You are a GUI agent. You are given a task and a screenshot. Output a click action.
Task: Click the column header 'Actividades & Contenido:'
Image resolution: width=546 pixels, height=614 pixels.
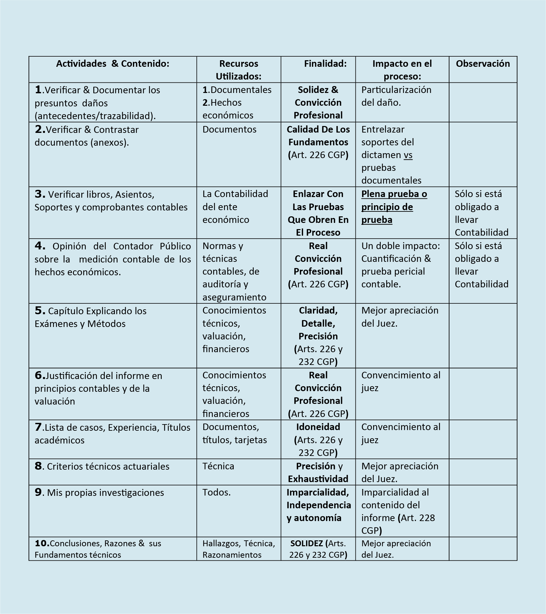113,63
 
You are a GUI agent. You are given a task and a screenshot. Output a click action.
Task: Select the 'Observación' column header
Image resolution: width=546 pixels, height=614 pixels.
482,63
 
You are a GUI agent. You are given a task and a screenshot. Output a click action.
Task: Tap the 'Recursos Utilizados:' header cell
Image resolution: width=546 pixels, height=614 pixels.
239,70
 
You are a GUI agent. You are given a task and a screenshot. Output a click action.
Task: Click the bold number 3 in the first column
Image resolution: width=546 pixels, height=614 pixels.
40,194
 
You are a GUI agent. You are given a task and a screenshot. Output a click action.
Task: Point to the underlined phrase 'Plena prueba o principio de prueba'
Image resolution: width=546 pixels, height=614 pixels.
394,207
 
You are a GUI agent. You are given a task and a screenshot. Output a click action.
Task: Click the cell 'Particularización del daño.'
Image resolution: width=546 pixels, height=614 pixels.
396,96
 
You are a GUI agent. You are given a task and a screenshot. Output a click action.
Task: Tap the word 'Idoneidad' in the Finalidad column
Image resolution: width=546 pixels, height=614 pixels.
318,427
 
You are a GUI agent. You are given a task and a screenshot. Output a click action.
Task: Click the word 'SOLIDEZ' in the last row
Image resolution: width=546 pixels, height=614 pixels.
306,543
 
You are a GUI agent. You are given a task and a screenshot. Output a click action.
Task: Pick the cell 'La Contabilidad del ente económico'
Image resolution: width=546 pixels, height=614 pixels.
235,207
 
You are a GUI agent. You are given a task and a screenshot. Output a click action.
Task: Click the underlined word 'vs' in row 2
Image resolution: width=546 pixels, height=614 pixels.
408,155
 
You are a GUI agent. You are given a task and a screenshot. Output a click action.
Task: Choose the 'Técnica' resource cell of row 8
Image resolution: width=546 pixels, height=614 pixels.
218,466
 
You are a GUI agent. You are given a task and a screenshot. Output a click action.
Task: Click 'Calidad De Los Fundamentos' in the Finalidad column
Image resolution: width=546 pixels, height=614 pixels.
318,136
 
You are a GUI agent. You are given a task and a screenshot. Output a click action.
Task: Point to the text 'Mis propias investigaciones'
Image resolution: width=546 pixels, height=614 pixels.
105,493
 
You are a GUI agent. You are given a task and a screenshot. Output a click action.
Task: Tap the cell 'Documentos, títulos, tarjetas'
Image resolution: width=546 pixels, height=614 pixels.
234,433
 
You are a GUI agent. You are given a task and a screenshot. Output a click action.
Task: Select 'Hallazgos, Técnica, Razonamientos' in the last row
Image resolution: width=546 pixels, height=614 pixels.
239,549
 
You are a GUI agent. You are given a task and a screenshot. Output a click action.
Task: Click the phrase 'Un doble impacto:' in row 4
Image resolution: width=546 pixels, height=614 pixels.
400,246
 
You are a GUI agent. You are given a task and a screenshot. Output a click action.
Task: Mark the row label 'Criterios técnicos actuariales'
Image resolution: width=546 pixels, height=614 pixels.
108,466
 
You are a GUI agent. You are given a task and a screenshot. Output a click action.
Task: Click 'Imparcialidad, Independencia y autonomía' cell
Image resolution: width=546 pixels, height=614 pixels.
318,505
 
